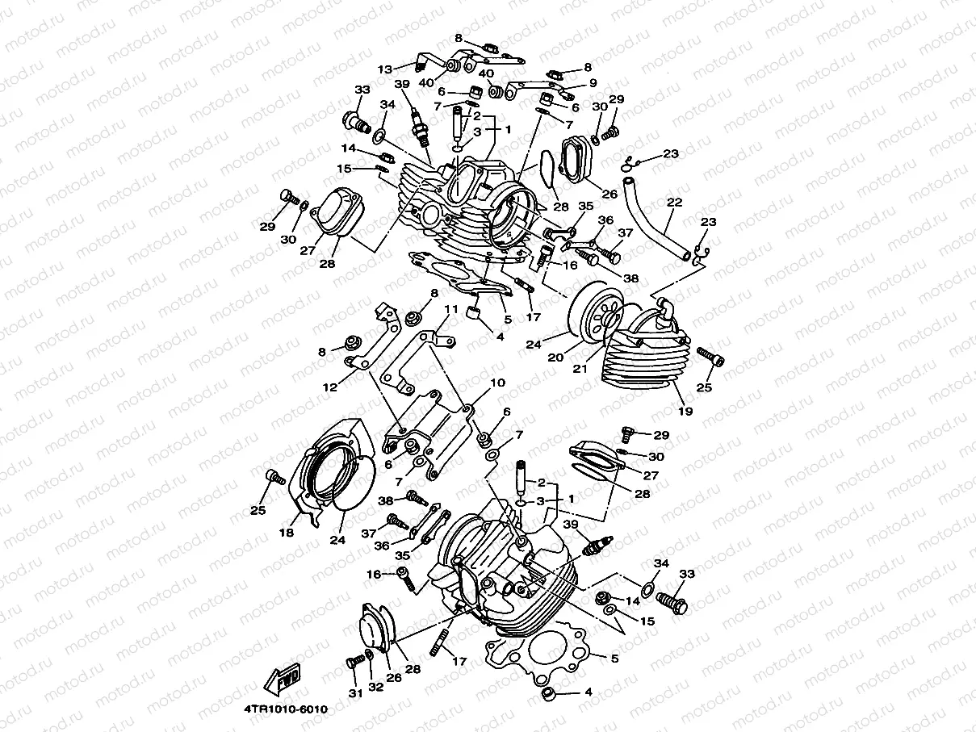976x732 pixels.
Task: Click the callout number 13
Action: [x=384, y=69]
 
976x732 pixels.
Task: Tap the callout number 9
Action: [x=593, y=82]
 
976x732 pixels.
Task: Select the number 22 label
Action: [x=675, y=202]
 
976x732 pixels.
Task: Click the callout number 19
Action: [x=685, y=411]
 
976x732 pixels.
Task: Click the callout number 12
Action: [x=329, y=387]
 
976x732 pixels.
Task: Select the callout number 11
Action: [x=450, y=309]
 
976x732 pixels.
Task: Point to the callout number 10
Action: [x=497, y=383]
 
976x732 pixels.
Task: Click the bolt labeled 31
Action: [x=352, y=662]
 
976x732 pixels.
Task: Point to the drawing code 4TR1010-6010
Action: [x=286, y=709]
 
